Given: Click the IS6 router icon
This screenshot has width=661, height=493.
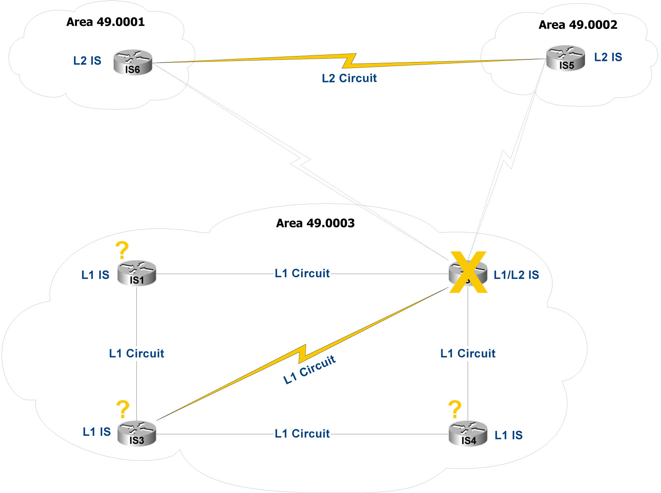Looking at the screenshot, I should (133, 62).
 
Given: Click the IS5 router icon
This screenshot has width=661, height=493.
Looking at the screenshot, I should (565, 58).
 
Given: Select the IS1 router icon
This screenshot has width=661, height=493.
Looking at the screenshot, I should (136, 273).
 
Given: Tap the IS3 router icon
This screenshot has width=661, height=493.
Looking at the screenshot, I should (136, 433).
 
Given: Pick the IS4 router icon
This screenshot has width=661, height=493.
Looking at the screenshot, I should (468, 433).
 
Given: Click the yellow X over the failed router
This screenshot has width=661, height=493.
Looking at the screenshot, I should (468, 272).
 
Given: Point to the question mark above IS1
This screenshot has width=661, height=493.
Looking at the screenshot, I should (122, 250).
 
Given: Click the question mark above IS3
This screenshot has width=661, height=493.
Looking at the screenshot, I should (123, 409).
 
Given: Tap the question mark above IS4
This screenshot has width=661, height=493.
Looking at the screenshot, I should (455, 409).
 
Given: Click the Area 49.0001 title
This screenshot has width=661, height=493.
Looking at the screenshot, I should (106, 22).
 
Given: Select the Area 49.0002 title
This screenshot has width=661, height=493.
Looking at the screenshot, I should (578, 25).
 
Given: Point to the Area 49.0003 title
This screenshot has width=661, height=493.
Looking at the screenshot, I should (315, 223).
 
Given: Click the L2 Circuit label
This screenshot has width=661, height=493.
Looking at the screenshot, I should (349, 78).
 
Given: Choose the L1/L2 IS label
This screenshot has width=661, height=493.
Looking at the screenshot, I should (516, 275).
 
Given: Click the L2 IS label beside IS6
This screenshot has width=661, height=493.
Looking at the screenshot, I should (87, 61).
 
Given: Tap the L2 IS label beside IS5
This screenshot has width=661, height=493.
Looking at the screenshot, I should (608, 57).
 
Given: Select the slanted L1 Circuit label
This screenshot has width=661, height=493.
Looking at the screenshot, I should (309, 369).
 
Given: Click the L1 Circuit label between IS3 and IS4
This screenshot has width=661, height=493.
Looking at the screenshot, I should (302, 434).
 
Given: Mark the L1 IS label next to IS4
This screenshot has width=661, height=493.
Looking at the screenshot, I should (508, 435).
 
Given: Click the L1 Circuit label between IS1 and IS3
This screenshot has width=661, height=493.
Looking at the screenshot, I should (136, 353).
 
